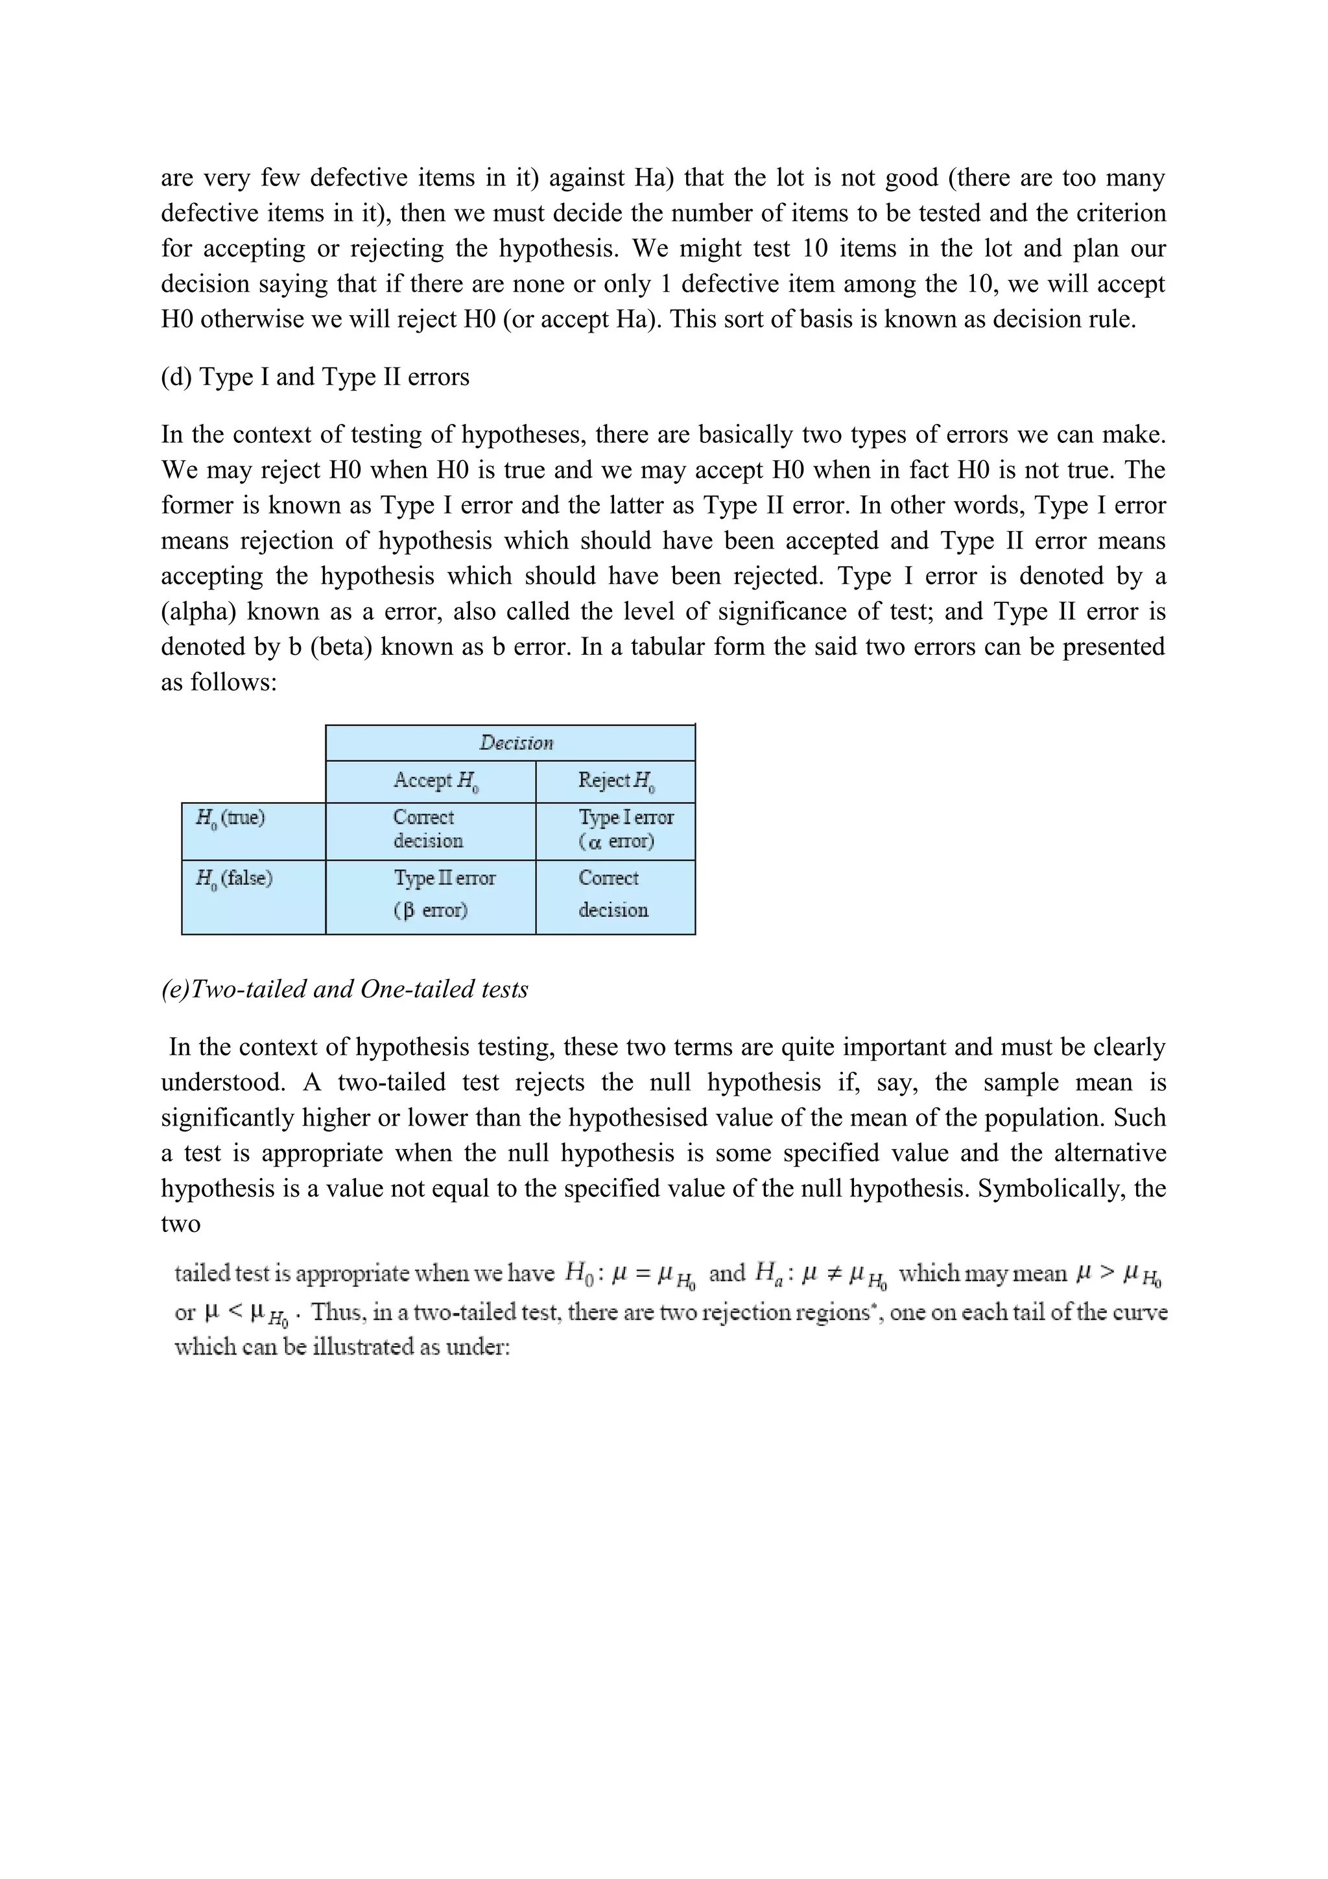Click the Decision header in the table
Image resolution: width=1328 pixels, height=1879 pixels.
516,743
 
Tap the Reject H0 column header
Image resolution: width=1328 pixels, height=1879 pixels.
616,781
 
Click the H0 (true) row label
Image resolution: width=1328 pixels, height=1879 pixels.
231,818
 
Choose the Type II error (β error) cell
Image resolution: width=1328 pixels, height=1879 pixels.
444,893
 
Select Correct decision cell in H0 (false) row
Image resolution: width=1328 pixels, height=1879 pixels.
613,893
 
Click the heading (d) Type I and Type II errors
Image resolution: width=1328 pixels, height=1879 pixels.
315,377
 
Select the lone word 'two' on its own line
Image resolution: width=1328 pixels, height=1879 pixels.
180,1224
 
